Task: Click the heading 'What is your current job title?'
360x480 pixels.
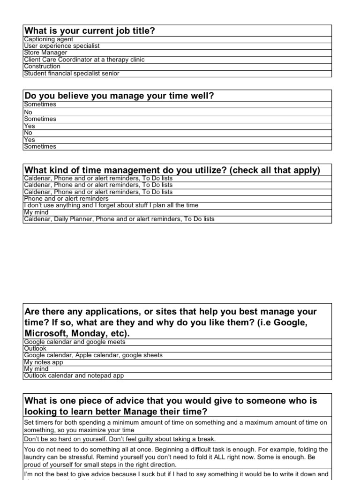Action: tap(90, 31)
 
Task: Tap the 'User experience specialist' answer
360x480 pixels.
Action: tap(61, 46)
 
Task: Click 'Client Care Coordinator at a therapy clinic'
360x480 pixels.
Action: tap(84, 60)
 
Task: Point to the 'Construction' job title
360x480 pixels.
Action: tap(42, 67)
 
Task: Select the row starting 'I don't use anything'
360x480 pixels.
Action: tap(111, 205)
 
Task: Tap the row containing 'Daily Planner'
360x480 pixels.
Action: tap(119, 219)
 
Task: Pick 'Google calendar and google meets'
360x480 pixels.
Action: tap(75, 342)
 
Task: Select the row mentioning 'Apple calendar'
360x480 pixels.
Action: tap(93, 355)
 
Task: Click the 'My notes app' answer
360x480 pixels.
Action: tap(43, 362)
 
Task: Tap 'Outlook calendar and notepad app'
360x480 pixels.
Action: tap(74, 375)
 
